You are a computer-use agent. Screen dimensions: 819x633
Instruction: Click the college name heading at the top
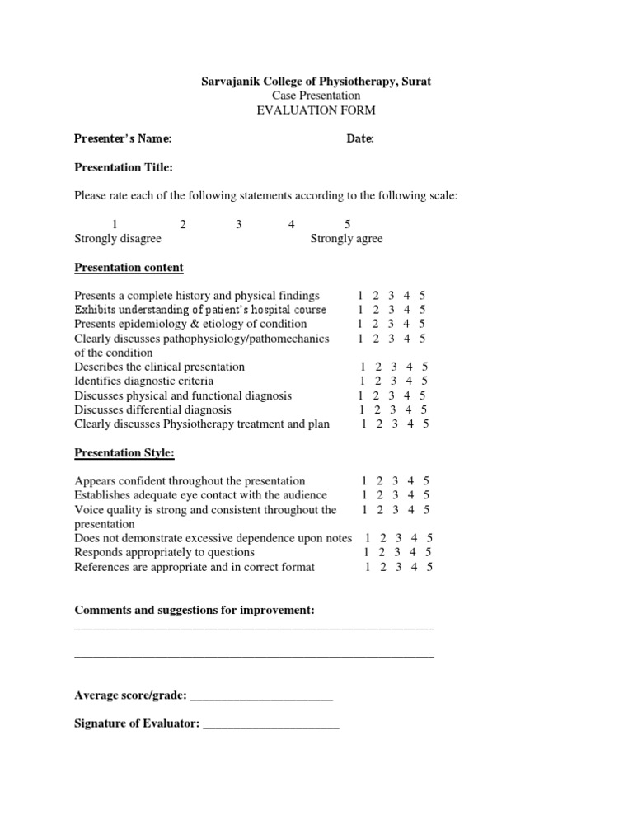tap(316, 82)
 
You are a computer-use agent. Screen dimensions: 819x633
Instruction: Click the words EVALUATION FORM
tap(316, 110)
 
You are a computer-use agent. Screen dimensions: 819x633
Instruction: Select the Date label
tap(361, 139)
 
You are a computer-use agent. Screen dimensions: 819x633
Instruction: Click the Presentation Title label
tap(124, 168)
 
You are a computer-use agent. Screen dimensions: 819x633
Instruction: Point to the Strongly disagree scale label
tap(118, 239)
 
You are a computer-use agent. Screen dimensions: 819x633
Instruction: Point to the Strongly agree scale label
tap(346, 239)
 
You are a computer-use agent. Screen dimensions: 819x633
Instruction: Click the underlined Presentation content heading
tap(129, 268)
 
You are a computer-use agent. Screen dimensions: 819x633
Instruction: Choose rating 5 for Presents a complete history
tap(422, 296)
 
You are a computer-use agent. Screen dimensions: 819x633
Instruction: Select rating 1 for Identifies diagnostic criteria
tap(363, 381)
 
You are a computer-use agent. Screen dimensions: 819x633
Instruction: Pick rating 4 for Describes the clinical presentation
tap(410, 367)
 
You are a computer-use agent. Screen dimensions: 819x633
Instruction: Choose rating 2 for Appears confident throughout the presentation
tap(378, 481)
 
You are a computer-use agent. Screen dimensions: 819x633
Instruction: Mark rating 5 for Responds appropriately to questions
tap(429, 552)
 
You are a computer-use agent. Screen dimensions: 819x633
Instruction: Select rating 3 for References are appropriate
tap(398, 567)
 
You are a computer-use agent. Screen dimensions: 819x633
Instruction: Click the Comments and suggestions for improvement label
tap(195, 610)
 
